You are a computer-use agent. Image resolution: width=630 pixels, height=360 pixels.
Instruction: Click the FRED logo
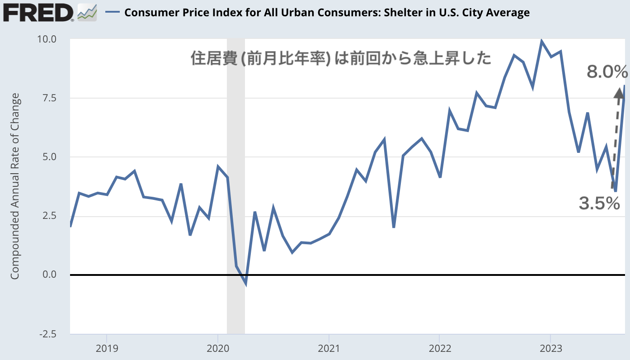(38, 12)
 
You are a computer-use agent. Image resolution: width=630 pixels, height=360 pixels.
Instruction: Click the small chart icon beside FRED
(87, 12)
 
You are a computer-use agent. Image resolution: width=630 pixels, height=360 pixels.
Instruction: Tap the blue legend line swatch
(112, 13)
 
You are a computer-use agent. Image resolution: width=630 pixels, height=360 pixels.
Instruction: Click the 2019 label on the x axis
(107, 348)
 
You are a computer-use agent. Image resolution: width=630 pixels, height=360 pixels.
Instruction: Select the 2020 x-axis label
(217, 348)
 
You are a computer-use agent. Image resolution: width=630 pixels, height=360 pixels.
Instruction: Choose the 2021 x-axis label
(329, 348)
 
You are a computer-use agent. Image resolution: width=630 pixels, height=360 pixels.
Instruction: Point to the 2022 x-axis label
(439, 348)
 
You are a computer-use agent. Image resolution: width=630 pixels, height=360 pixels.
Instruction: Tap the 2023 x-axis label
(550, 348)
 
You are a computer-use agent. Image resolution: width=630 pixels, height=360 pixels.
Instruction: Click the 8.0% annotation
(607, 71)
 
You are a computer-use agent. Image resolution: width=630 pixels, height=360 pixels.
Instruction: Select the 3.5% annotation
(599, 204)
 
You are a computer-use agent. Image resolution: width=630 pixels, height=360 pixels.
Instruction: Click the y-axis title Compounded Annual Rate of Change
(15, 186)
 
